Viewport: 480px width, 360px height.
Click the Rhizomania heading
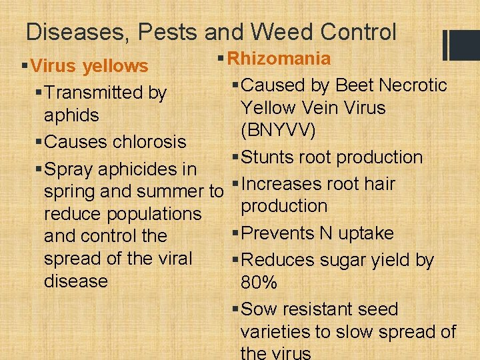(x=279, y=59)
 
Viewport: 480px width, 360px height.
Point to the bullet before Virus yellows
(x=25, y=66)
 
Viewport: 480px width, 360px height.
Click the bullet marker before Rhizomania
(x=221, y=59)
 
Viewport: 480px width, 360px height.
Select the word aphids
(x=71, y=115)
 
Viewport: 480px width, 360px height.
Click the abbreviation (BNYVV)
(x=279, y=130)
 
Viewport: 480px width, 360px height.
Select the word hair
(x=380, y=184)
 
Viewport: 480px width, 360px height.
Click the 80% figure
(x=259, y=283)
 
